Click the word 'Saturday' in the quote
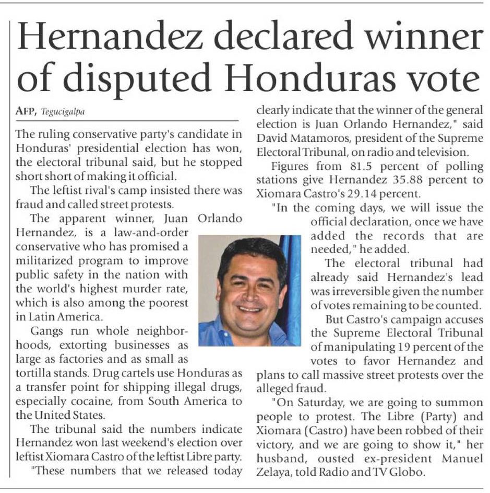[x=318, y=404]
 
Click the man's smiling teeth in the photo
[x=250, y=308]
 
